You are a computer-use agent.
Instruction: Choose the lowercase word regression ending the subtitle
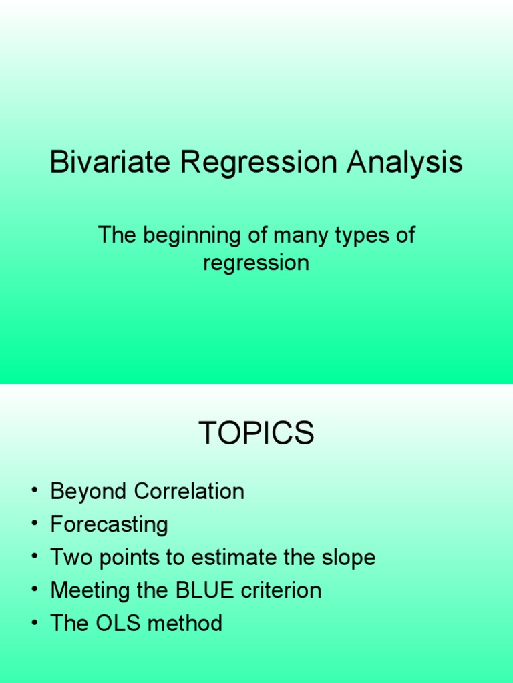point(256,263)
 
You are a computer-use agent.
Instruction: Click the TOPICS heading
point(256,434)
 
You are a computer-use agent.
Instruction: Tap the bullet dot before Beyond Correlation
point(33,492)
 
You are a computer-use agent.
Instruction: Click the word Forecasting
point(109,525)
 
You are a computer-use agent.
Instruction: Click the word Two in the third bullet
point(68,558)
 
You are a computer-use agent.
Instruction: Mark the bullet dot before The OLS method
point(33,624)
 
